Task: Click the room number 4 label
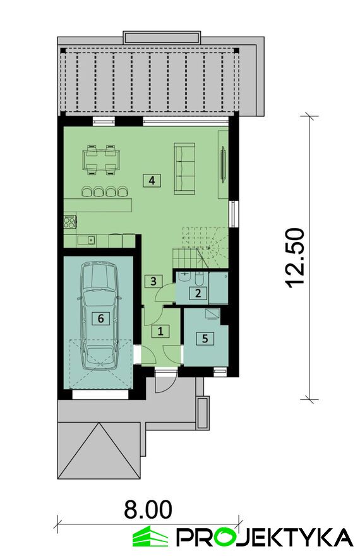point(152,181)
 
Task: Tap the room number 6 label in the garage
point(100,318)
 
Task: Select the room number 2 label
point(198,293)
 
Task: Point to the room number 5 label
point(205,338)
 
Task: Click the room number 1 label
point(160,331)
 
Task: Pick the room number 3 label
point(153,282)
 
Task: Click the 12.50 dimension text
point(294,258)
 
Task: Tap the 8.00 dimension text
point(148,509)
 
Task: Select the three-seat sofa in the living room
point(184,169)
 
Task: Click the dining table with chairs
point(101,160)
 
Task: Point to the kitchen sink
point(86,241)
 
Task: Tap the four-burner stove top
point(69,221)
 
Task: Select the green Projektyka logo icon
point(150,537)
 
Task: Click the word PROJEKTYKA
point(265,537)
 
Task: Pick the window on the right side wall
point(234,214)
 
